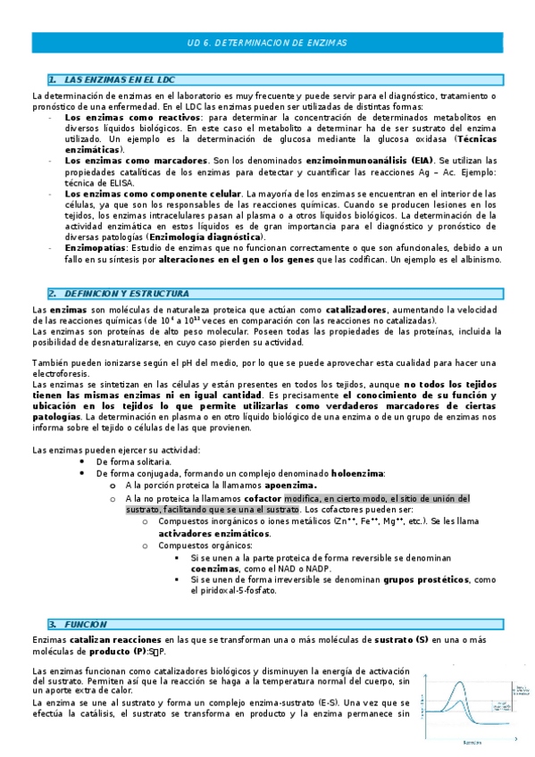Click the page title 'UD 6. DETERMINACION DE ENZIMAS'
(267, 43)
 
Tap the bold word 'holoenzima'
(357, 473)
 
